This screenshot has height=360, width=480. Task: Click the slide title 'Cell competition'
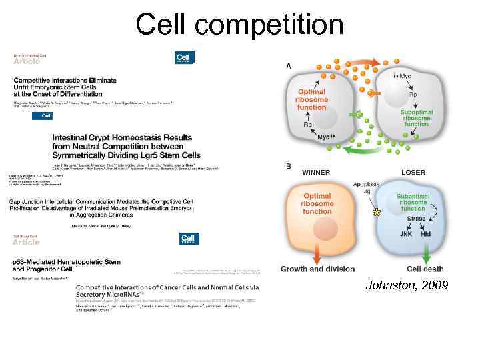239,25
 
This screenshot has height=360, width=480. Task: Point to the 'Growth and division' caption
318,269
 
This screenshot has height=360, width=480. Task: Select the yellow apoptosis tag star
377,212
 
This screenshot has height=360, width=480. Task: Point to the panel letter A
289,65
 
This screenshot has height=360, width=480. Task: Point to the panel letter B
288,165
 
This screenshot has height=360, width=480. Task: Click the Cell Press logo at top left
184,58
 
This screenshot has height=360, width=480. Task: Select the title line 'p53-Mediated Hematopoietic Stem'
67,263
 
